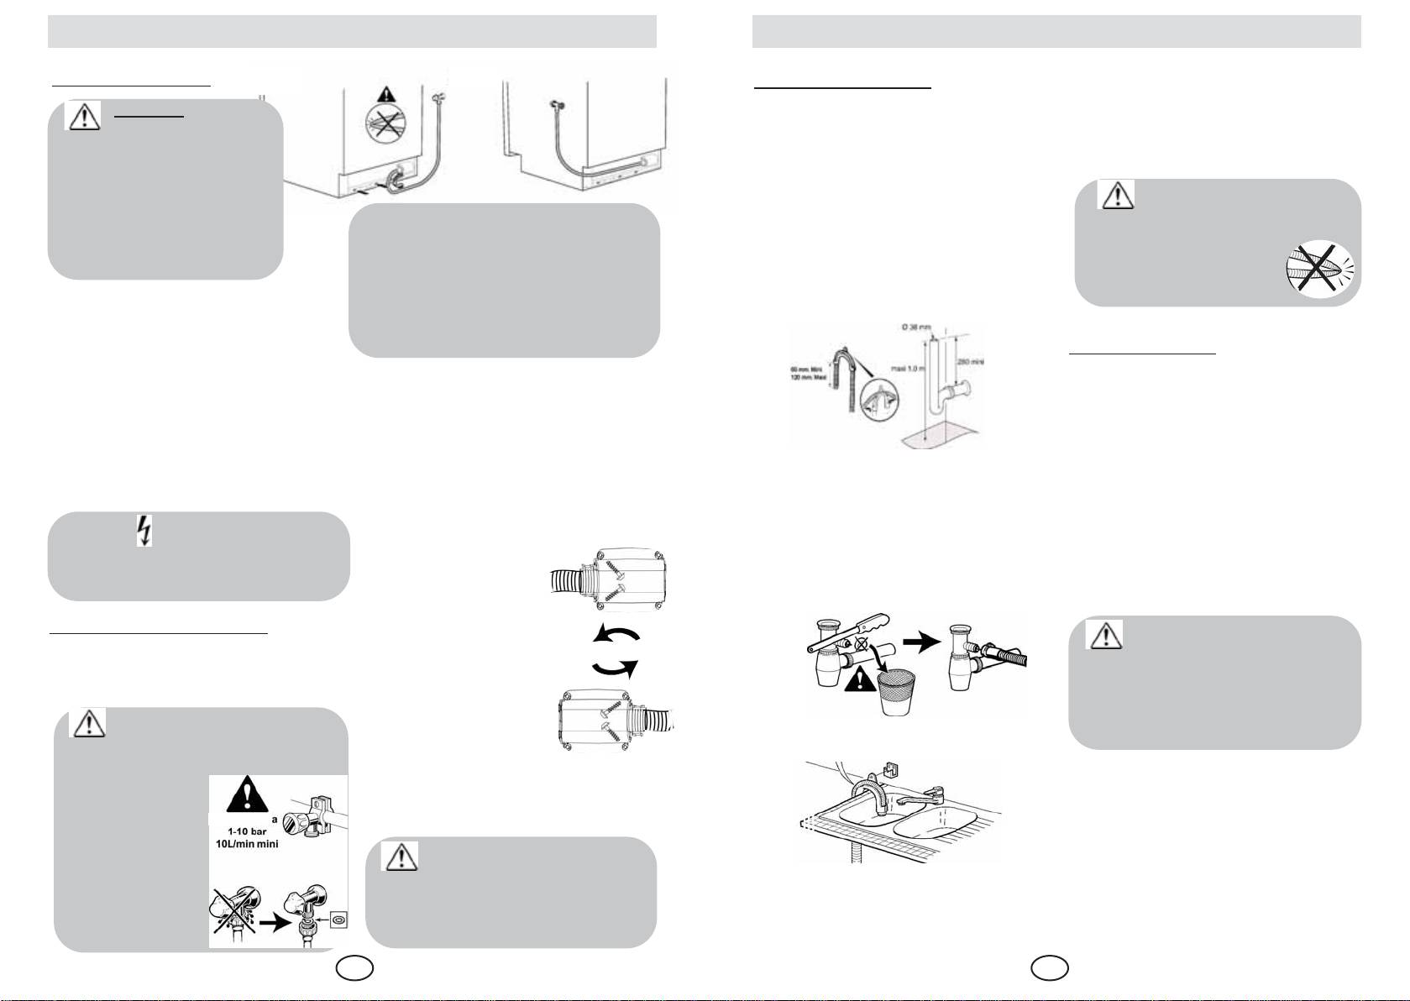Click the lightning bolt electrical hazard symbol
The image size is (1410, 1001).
point(144,532)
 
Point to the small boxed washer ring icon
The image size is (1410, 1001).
point(337,920)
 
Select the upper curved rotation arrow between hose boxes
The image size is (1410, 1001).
point(615,634)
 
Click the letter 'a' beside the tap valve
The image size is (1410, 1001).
point(275,818)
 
